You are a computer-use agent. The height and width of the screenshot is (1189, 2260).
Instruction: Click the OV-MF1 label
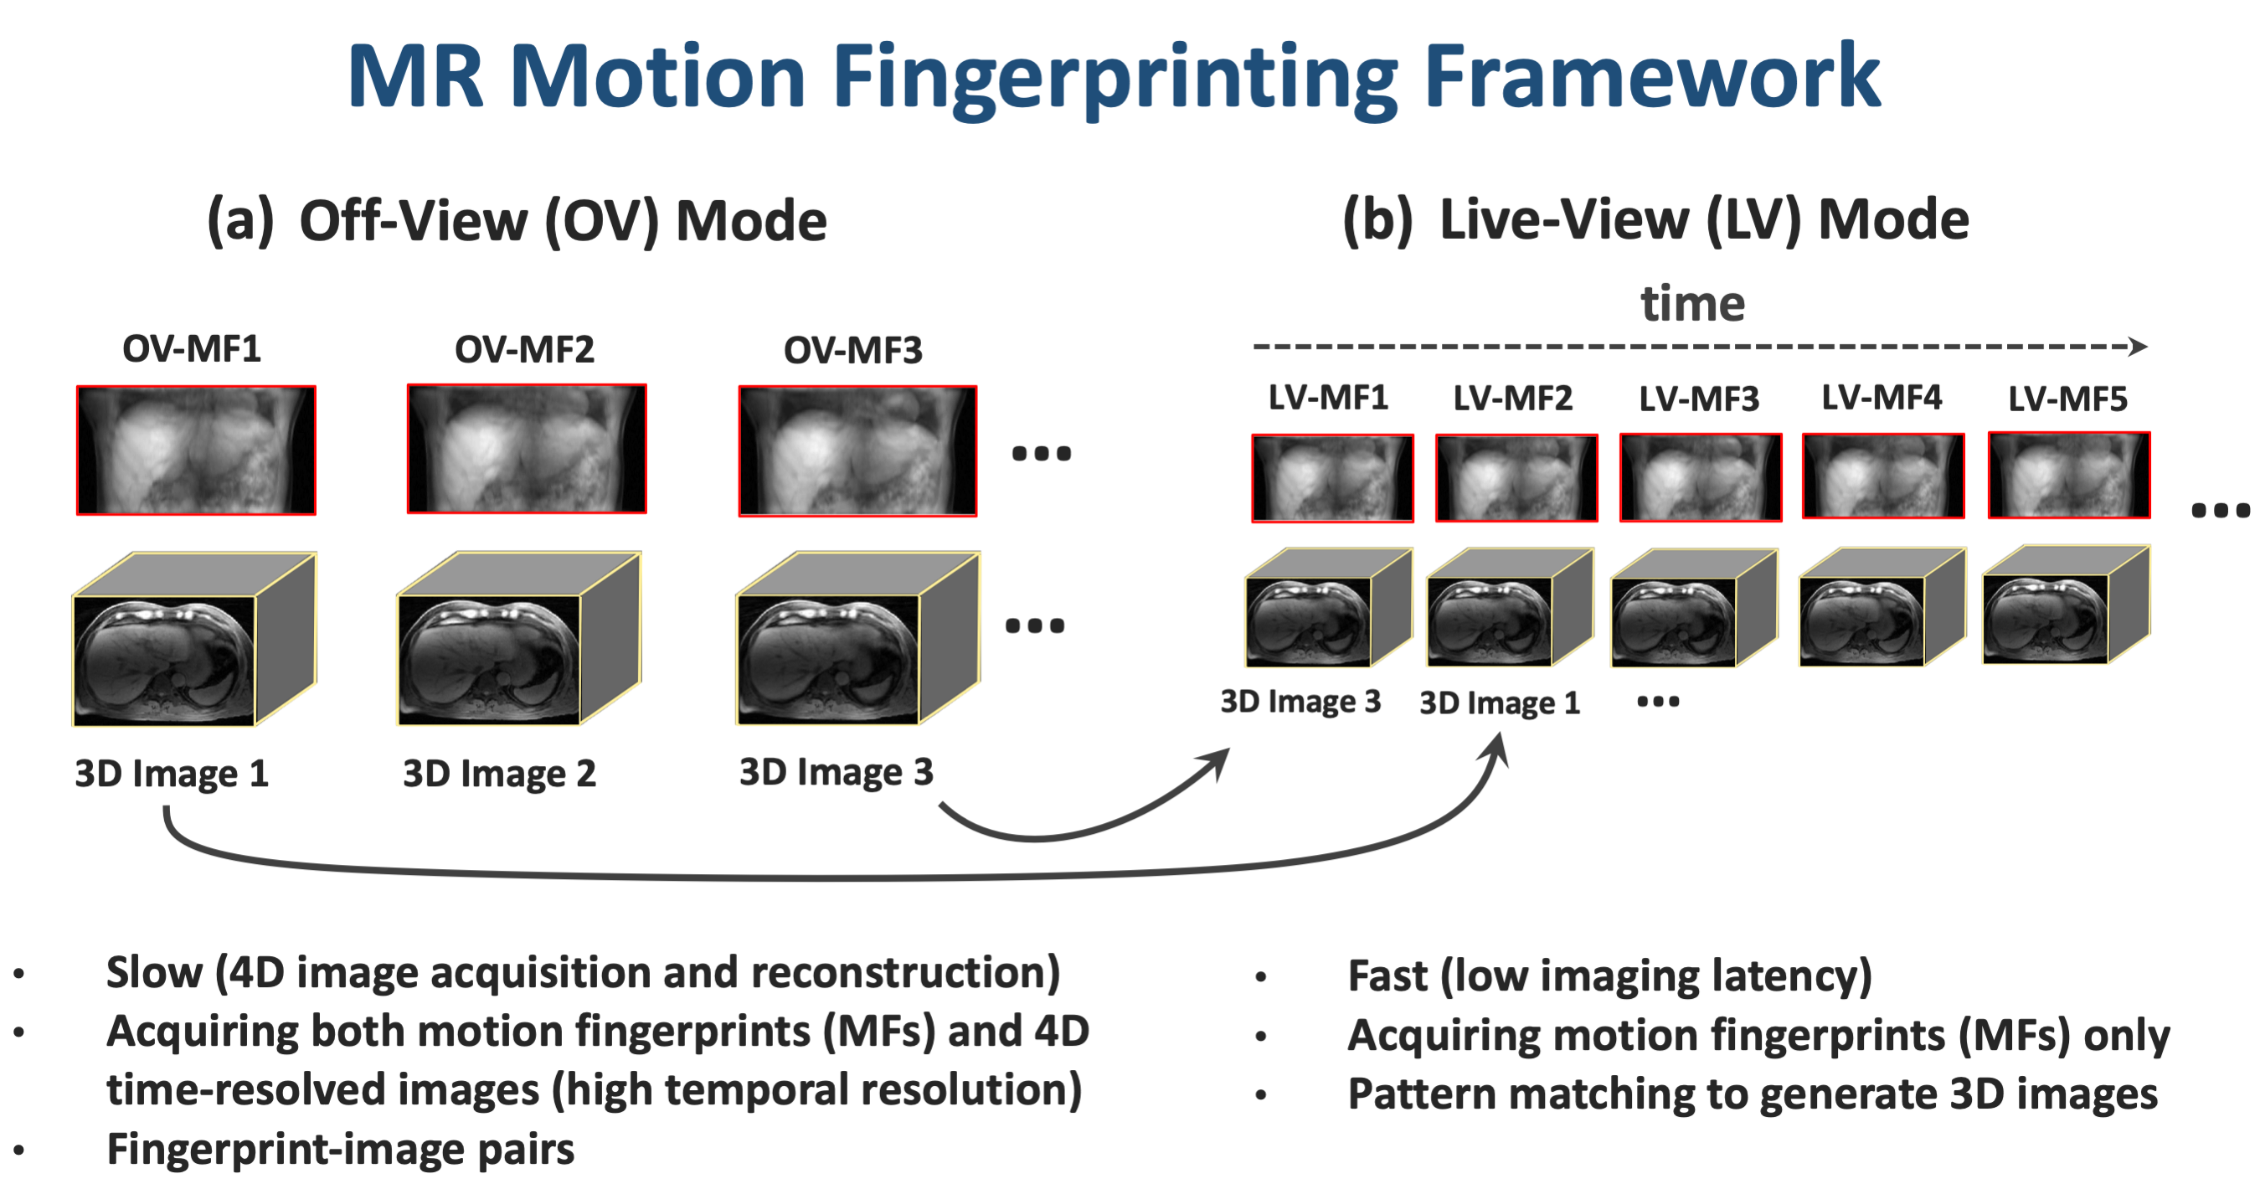click(191, 349)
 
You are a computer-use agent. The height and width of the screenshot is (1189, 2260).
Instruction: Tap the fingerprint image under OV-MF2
click(527, 450)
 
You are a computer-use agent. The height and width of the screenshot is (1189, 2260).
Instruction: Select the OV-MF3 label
click(852, 350)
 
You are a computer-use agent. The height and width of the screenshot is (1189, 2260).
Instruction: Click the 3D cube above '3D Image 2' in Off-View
click(517, 640)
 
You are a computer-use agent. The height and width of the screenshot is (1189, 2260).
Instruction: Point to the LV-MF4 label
click(1881, 398)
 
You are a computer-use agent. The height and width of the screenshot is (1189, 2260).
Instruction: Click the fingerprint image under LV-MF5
click(2068, 476)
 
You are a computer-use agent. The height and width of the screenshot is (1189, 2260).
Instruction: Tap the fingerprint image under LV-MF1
click(1331, 478)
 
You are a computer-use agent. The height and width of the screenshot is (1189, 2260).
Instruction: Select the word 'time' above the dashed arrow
click(1692, 304)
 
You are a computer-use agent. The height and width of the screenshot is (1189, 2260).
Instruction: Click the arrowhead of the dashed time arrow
click(2138, 347)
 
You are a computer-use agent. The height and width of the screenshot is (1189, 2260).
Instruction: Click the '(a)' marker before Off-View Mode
click(239, 220)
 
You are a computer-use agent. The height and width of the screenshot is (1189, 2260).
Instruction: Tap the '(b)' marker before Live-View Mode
click(1377, 219)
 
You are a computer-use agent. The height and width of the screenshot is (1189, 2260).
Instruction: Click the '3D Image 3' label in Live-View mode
click(1300, 702)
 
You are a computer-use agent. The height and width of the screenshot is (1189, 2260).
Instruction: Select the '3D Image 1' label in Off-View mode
click(171, 774)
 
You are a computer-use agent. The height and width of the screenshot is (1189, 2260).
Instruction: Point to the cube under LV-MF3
click(1693, 609)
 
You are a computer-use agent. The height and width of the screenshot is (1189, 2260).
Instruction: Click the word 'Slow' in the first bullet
click(154, 973)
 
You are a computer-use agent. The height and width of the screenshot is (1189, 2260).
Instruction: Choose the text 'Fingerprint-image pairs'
click(341, 1150)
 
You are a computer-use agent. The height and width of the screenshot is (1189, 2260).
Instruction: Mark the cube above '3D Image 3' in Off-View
click(857, 640)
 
